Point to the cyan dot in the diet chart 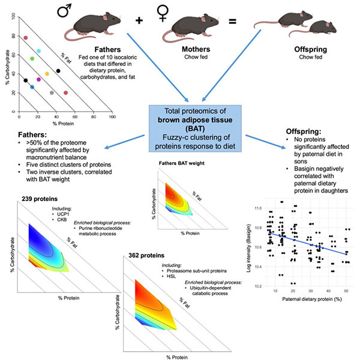click(38, 51)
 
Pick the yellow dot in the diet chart click(47, 74)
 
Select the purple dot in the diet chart click(39, 79)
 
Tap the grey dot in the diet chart click(52, 92)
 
